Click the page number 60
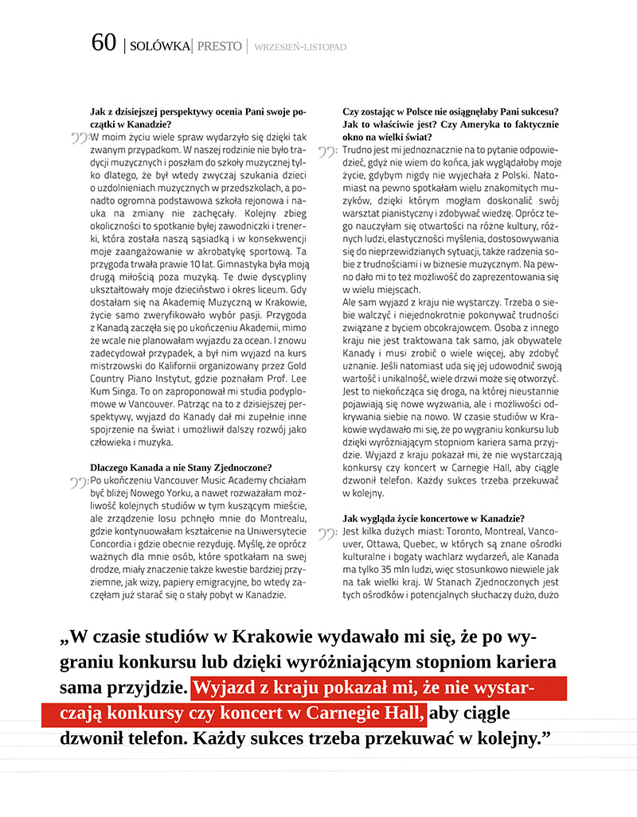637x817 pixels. tap(104, 44)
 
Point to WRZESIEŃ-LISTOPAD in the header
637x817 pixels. tap(300, 48)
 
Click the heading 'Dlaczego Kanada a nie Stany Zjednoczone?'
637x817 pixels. tap(182, 467)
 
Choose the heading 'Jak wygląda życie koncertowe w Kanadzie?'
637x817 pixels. tap(433, 519)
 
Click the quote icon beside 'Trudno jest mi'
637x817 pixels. tap(329, 151)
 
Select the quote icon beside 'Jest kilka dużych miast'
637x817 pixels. tap(329, 533)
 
